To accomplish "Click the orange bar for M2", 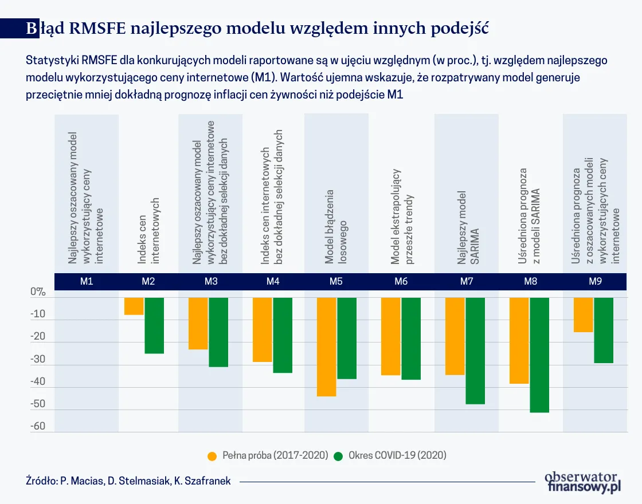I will click(134, 306).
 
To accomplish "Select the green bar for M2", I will click(154, 325).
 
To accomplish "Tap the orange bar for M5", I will click(326, 346).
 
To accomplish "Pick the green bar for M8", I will click(539, 355).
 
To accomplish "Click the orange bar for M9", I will click(584, 315).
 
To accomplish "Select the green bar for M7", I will click(475, 351).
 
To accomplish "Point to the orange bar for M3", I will click(198, 324).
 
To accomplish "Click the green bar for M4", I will click(283, 335).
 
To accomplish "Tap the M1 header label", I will click(87, 281).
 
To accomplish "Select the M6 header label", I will click(401, 281).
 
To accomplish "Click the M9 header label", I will click(594, 281).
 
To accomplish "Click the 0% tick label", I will click(38, 292).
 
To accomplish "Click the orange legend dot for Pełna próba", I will click(212, 456).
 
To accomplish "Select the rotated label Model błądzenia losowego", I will click(336, 226).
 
